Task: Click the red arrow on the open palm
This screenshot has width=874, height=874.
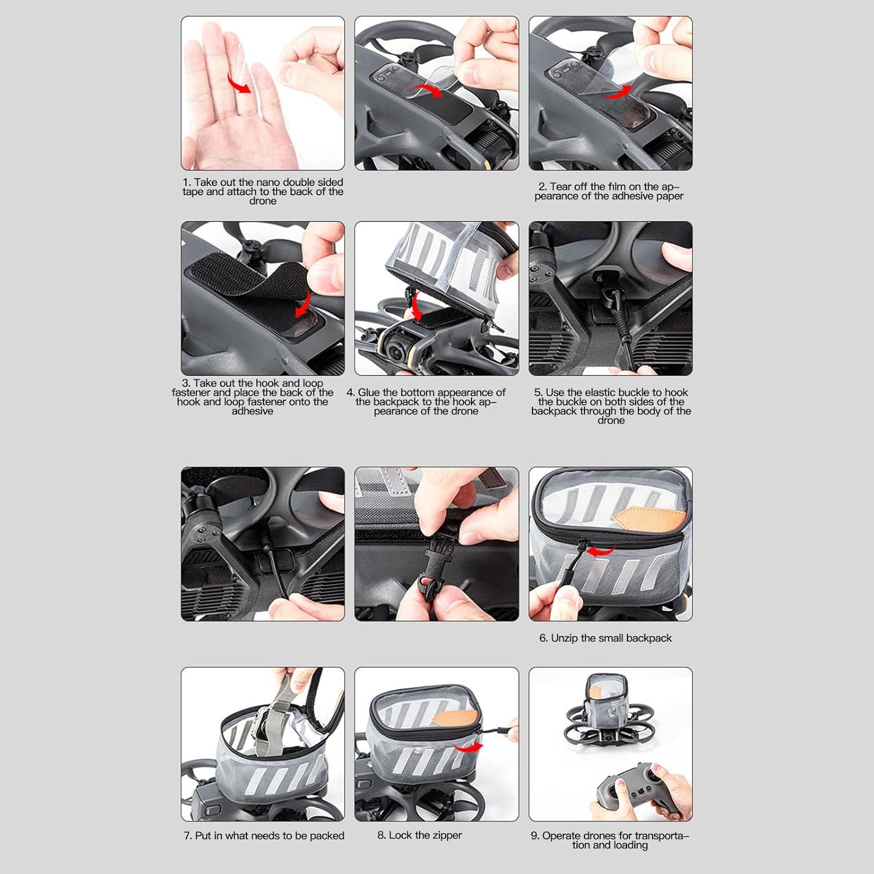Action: (x=239, y=85)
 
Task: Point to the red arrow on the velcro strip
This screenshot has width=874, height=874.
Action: (x=303, y=304)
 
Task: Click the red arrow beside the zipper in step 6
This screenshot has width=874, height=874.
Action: (x=601, y=551)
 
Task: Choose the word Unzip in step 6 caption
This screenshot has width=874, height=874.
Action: (x=564, y=639)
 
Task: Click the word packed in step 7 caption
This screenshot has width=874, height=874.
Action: (x=327, y=836)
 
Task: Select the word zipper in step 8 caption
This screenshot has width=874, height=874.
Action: (x=446, y=836)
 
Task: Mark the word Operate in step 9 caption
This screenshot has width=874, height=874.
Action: (x=561, y=836)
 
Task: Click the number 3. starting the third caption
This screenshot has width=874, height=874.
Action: (x=186, y=383)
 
